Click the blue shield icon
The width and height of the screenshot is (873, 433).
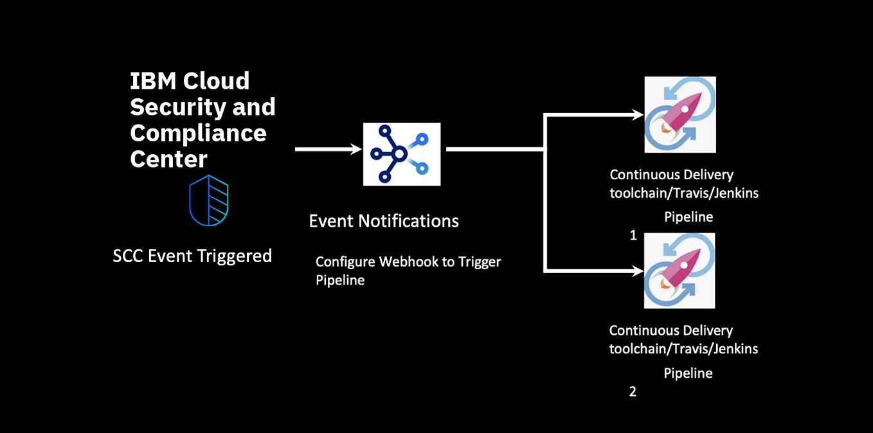pyautogui.click(x=209, y=200)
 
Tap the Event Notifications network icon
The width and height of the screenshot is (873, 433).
pyautogui.click(x=402, y=154)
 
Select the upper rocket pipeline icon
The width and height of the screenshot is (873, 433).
pyautogui.click(x=680, y=114)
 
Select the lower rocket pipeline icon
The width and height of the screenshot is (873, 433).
pyautogui.click(x=679, y=270)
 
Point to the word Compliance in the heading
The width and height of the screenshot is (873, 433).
pyautogui.click(x=198, y=133)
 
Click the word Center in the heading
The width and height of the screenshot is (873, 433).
pyautogui.click(x=168, y=159)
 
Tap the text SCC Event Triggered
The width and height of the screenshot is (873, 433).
pyautogui.click(x=192, y=256)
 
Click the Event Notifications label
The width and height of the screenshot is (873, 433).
pyautogui.click(x=384, y=221)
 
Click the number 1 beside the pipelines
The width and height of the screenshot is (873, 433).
pyautogui.click(x=633, y=236)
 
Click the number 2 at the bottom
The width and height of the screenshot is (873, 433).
pyautogui.click(x=633, y=392)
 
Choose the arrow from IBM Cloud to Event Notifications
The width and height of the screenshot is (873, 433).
pyautogui.click(x=328, y=149)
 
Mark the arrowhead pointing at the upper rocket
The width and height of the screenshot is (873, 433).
pyautogui.click(x=638, y=115)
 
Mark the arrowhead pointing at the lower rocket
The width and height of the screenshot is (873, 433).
pyautogui.click(x=638, y=271)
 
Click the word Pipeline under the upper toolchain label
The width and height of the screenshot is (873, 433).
pyautogui.click(x=688, y=217)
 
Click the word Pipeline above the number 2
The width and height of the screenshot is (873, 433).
pyautogui.click(x=688, y=373)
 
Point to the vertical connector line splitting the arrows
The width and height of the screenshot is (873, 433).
pyautogui.click(x=545, y=193)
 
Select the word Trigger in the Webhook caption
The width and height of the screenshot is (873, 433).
pyautogui.click(x=480, y=262)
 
